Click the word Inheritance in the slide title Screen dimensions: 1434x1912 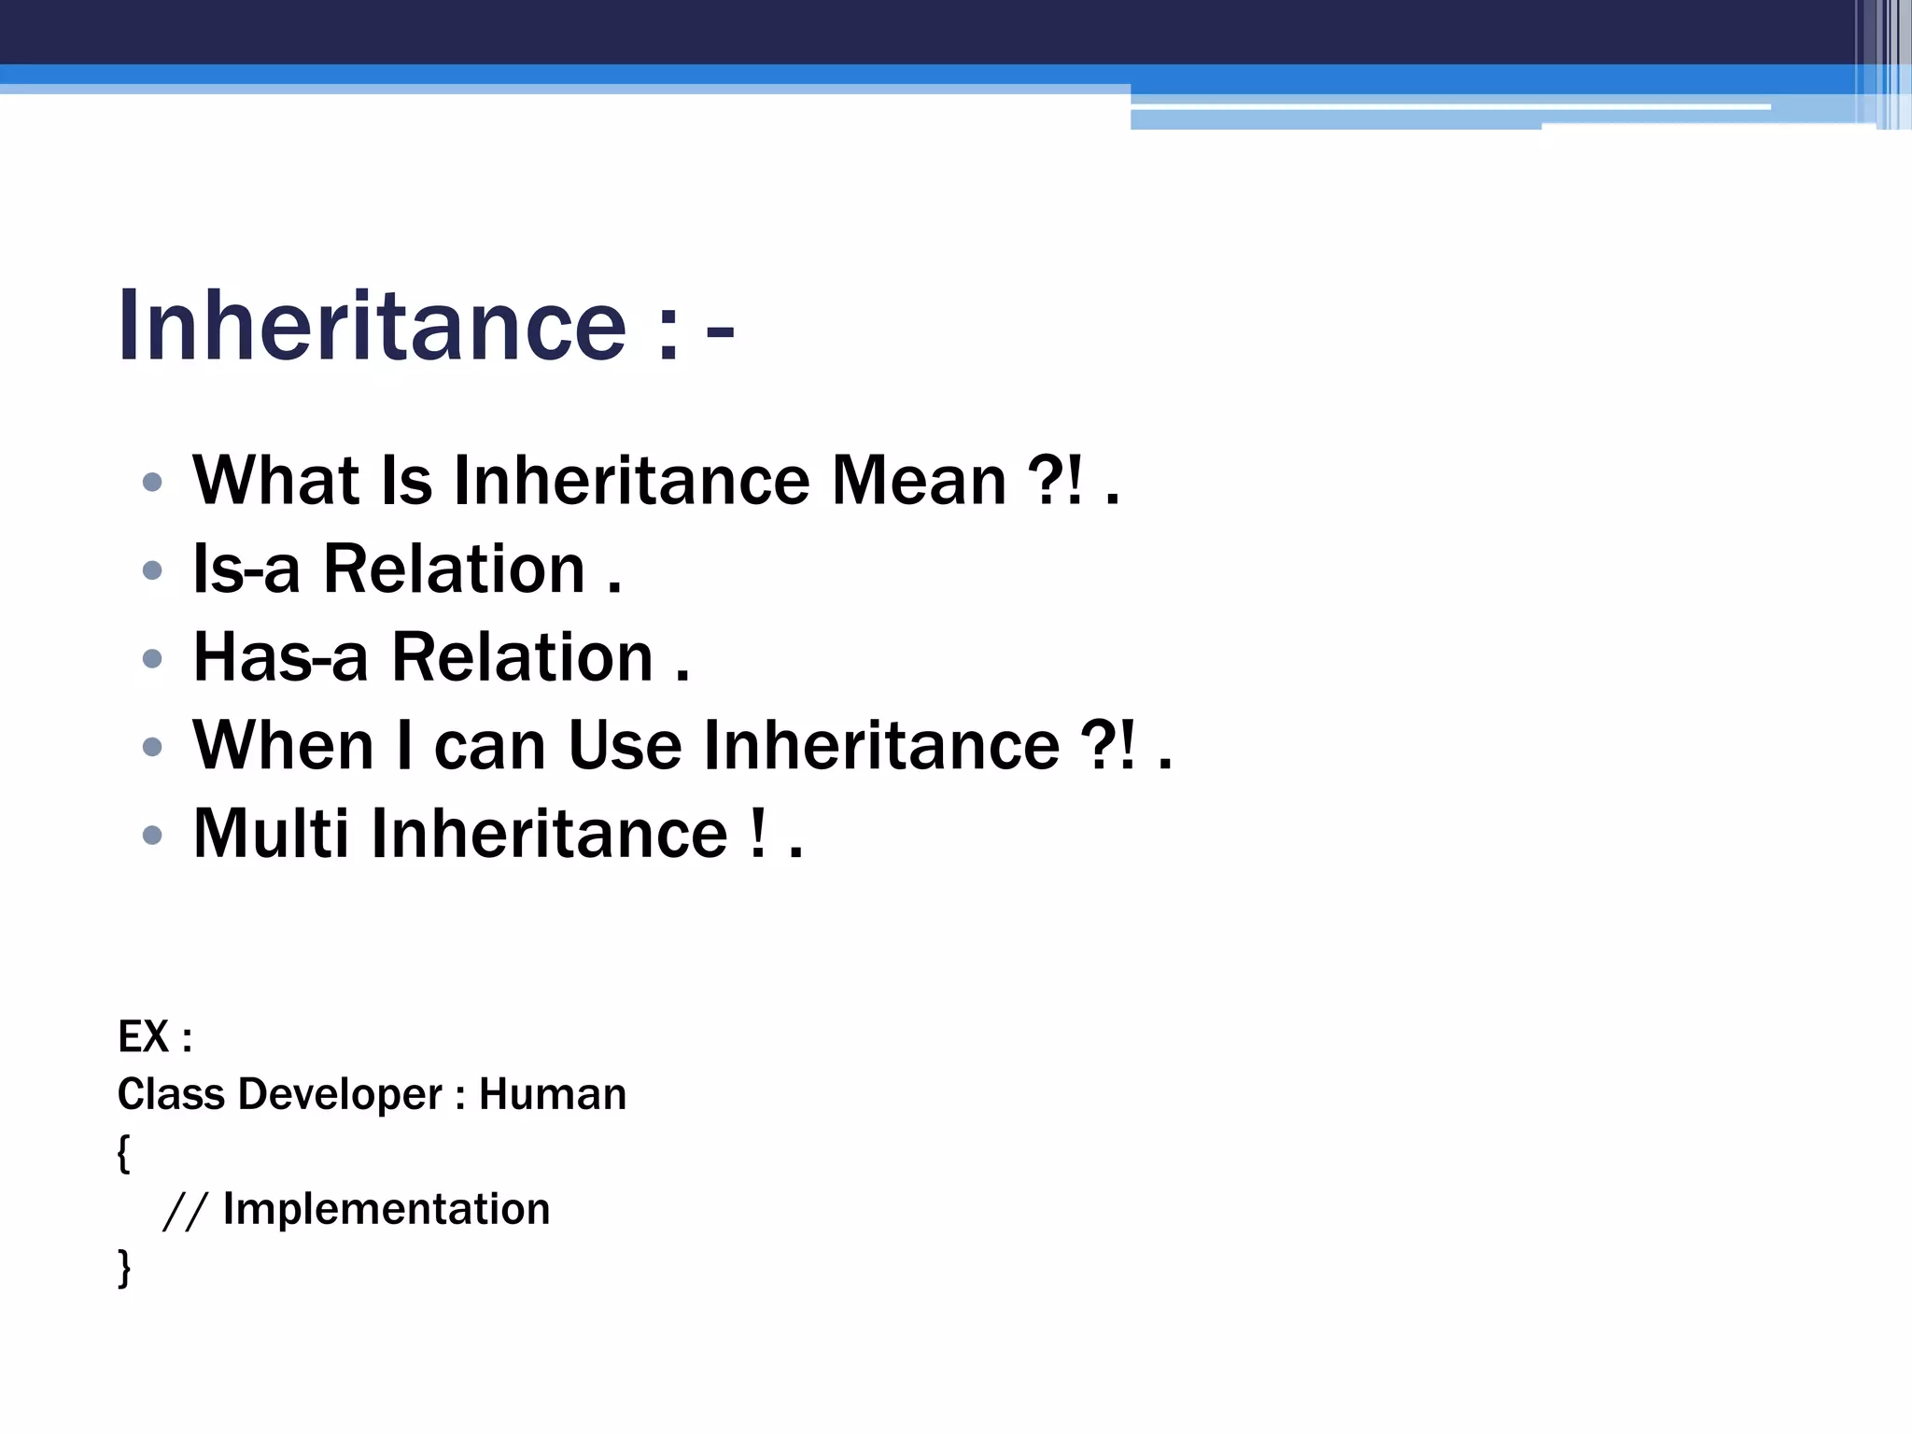372,325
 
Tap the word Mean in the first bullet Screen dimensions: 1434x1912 919,481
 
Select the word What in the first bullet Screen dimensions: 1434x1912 275,481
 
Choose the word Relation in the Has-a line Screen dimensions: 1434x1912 522,656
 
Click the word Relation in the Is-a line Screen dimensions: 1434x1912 454,569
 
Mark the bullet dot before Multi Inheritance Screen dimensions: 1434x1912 152,835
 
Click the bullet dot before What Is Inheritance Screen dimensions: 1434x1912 152,483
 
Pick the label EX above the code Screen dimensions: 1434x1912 143,1036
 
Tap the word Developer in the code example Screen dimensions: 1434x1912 340,1094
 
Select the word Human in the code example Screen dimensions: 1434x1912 552,1094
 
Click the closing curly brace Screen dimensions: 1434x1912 123,1268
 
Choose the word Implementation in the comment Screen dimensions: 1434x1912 387,1209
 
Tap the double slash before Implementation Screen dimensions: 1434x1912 184,1211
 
